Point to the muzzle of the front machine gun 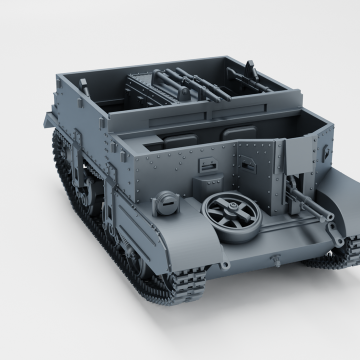click(x=329, y=215)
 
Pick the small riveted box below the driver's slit click(x=207, y=186)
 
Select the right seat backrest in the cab click(x=239, y=133)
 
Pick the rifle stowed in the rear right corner click(x=250, y=77)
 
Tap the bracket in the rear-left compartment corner click(x=84, y=87)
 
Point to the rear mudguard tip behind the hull click(x=50, y=120)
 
